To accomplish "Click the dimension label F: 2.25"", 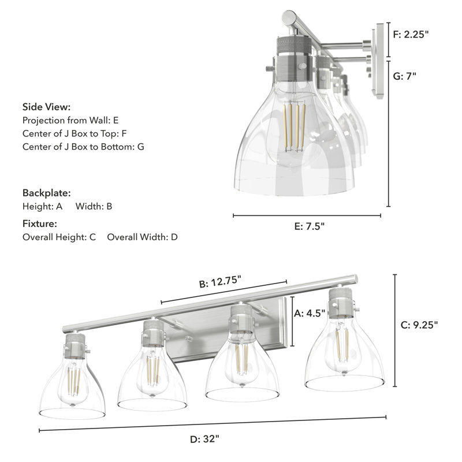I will click(411, 35).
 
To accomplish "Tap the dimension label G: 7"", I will click(404, 76).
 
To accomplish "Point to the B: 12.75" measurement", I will click(220, 284).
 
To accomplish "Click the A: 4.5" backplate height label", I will click(310, 314).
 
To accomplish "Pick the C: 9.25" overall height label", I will click(419, 325).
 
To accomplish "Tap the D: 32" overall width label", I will click(204, 439).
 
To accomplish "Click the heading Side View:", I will click(47, 107).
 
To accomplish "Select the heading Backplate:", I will click(46, 193).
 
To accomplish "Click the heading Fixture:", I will click(40, 223).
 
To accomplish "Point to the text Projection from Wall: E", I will click(70, 120).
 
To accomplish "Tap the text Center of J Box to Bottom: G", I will click(83, 147).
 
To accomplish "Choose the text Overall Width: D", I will click(143, 237).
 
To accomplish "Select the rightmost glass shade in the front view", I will click(344, 358).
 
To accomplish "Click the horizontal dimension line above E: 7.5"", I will click(307, 216).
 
